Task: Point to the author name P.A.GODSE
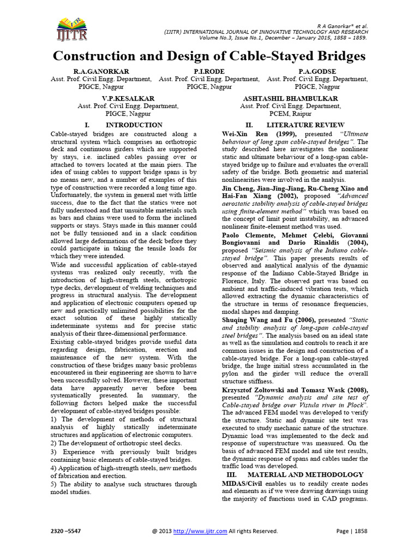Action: click(x=316, y=72)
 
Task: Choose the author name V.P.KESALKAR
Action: click(x=112, y=98)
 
